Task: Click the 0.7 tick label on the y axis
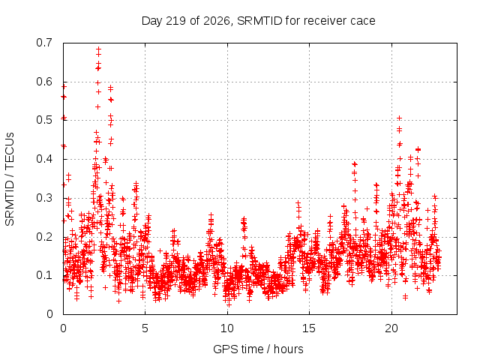pos(44,43)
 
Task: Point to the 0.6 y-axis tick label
pos(44,82)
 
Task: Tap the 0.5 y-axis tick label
pos(44,120)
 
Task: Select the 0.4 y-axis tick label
pos(44,159)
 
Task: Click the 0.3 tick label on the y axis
pos(44,198)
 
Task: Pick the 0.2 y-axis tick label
pos(44,237)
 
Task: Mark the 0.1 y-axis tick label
pos(44,275)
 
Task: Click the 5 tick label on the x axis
pos(145,328)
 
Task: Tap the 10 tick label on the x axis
pos(227,328)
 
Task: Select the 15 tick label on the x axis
pos(309,328)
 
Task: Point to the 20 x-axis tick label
pos(391,328)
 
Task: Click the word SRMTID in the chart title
pos(259,21)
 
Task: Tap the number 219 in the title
pos(175,21)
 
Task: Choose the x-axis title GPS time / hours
pos(258,349)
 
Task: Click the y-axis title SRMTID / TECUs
pos(10,179)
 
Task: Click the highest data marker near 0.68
pos(98,49)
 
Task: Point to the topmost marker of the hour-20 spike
pos(399,118)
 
